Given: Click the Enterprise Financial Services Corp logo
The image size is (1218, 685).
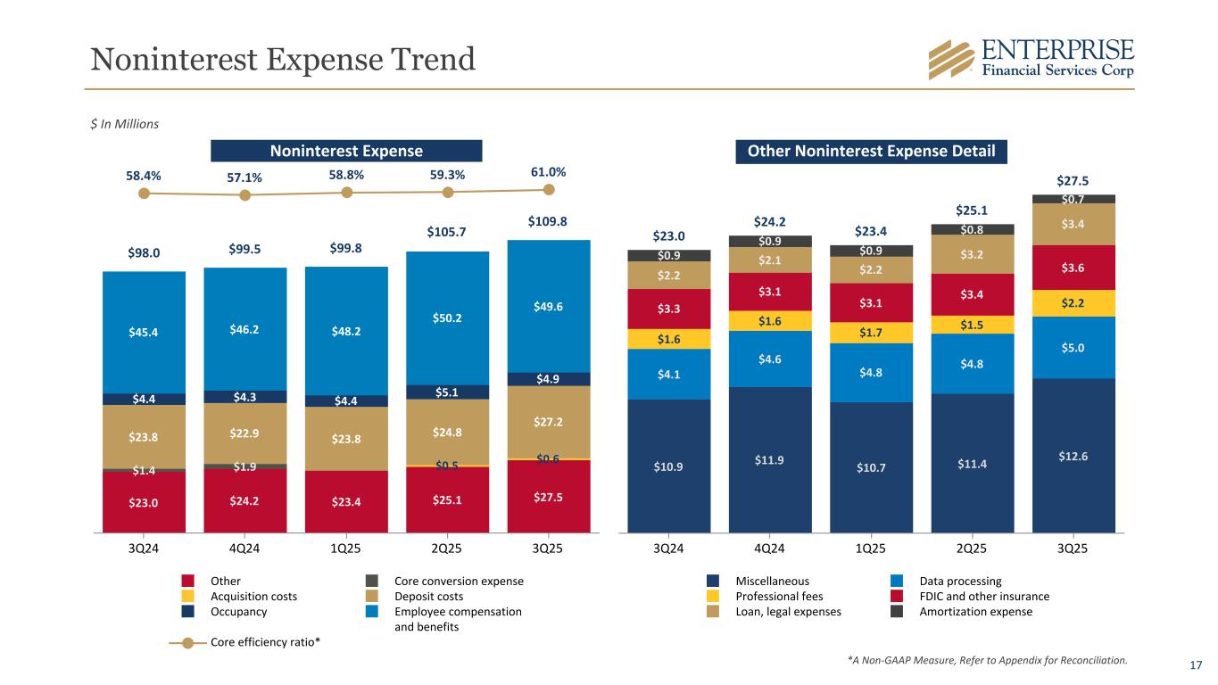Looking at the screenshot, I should point(1031,59).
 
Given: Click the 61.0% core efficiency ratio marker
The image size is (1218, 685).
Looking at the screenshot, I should point(549,189).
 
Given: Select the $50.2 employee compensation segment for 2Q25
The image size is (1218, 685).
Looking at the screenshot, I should point(447,318).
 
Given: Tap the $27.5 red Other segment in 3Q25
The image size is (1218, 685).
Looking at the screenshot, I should point(548,495).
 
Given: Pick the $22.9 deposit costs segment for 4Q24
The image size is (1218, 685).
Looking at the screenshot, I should point(244,433).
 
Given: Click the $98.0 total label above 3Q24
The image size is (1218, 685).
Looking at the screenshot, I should point(144,253).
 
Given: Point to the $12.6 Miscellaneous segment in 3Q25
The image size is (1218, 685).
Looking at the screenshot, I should point(1073,455).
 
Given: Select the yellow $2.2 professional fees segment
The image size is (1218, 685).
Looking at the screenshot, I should point(1073,303).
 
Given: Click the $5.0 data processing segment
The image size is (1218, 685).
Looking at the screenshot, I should point(1073,348).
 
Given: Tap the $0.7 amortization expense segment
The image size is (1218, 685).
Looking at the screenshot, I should point(1073,198).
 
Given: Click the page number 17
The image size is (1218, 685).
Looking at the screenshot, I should point(1196,664).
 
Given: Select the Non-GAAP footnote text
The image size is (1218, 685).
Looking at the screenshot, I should point(987,661).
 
